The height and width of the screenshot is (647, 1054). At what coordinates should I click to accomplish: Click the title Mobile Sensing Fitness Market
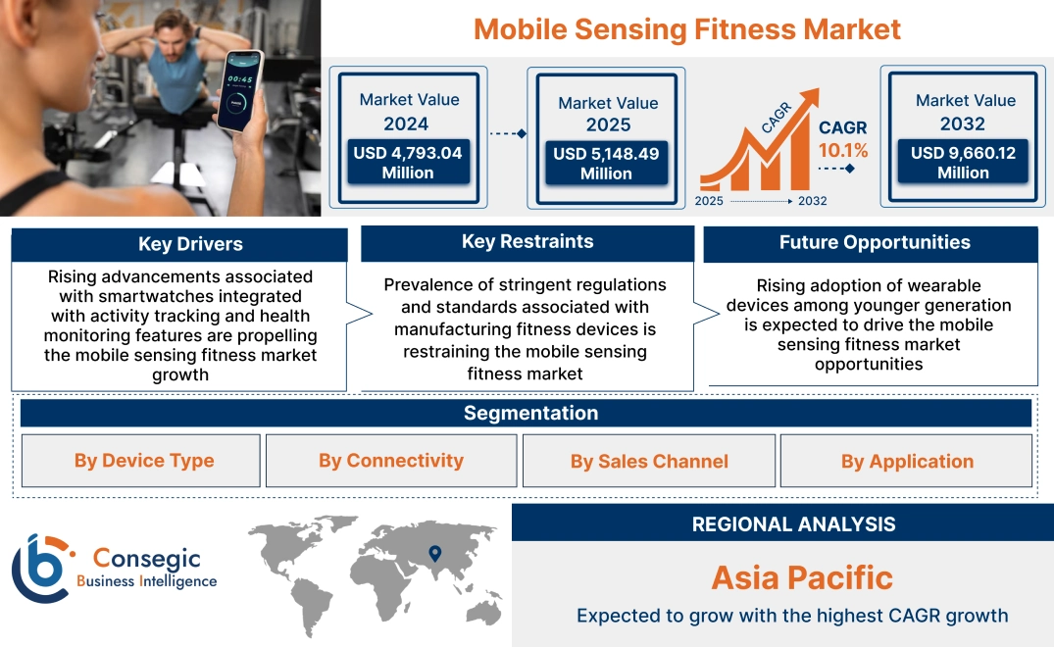pyautogui.click(x=686, y=28)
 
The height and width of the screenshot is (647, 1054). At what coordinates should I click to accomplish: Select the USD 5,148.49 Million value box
pyautogui.click(x=606, y=164)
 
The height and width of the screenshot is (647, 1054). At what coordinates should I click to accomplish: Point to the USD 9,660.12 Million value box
pyautogui.click(x=963, y=163)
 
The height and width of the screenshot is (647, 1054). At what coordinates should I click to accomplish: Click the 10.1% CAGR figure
pyautogui.click(x=843, y=150)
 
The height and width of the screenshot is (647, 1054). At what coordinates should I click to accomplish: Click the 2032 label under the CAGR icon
pyautogui.click(x=812, y=201)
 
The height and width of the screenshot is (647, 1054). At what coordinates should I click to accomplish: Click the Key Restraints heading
pyautogui.click(x=527, y=242)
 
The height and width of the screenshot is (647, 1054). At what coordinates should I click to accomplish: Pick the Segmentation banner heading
pyautogui.click(x=530, y=413)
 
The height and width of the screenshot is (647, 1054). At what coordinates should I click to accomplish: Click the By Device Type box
pyautogui.click(x=144, y=461)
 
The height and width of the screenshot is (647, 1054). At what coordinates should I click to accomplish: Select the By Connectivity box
pyautogui.click(x=390, y=461)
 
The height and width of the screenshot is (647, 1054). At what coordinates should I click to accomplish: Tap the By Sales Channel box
pyautogui.click(x=649, y=461)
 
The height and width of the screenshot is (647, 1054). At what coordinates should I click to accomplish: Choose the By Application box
pyautogui.click(x=907, y=461)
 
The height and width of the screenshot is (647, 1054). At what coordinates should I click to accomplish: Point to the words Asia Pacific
pyautogui.click(x=802, y=577)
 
